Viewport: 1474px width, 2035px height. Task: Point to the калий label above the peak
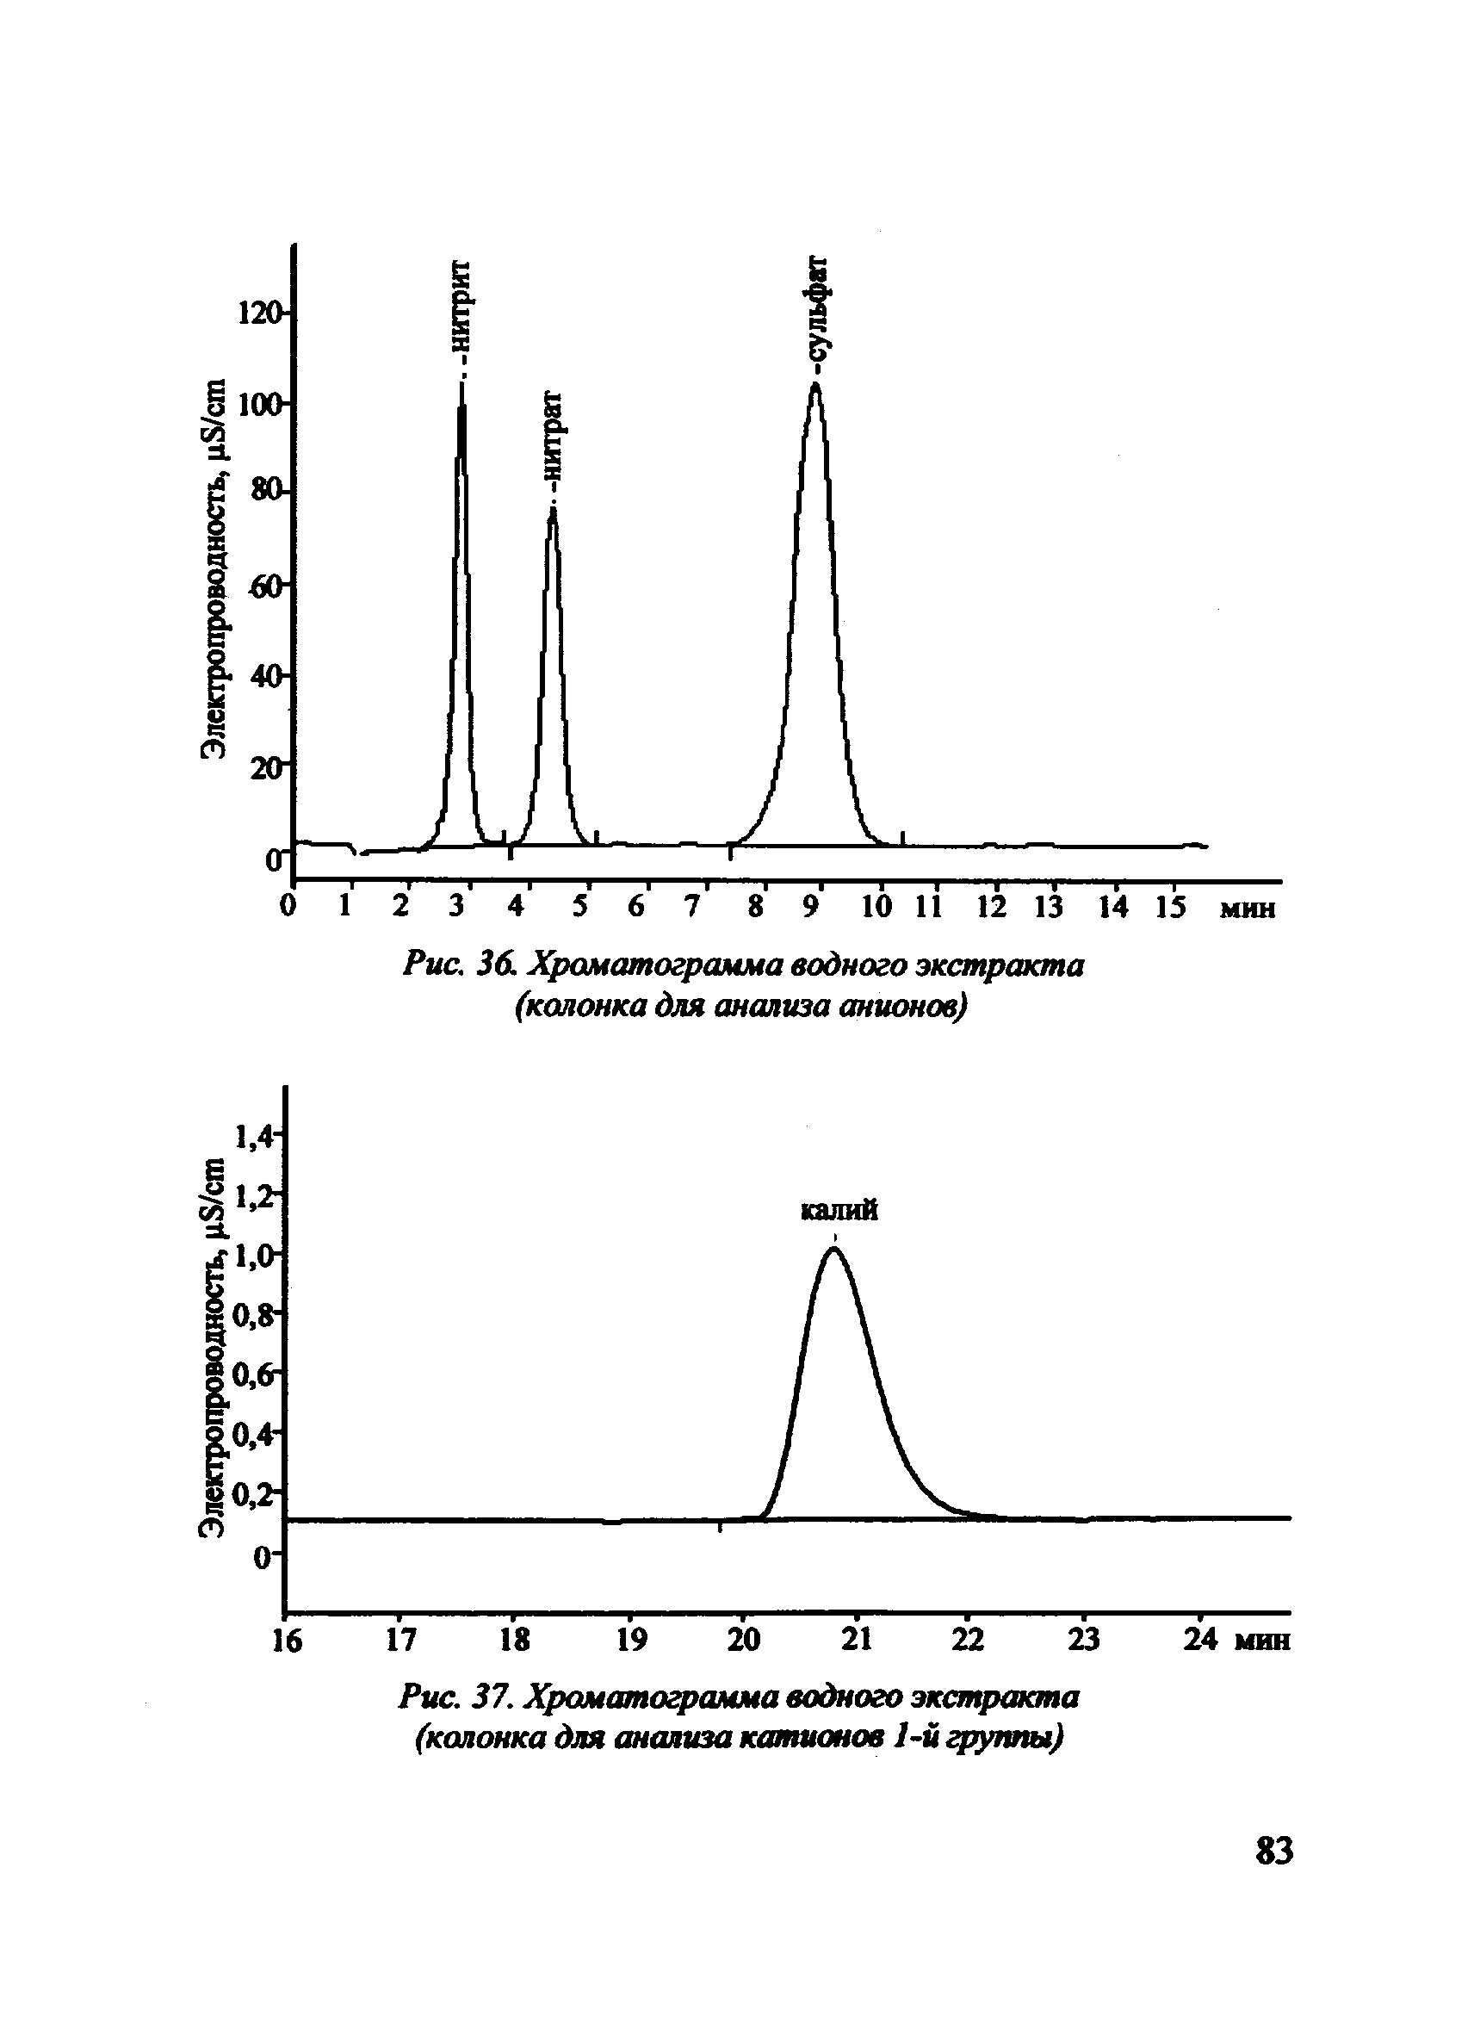839,1212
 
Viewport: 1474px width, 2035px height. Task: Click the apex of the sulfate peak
816,385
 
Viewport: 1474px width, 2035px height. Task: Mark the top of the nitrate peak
554,509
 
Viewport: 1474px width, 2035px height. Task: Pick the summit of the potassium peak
833,1248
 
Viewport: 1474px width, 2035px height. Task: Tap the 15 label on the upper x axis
1169,907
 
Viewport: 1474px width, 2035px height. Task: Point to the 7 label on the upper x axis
691,907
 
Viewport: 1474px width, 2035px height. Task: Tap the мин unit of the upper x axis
1247,909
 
